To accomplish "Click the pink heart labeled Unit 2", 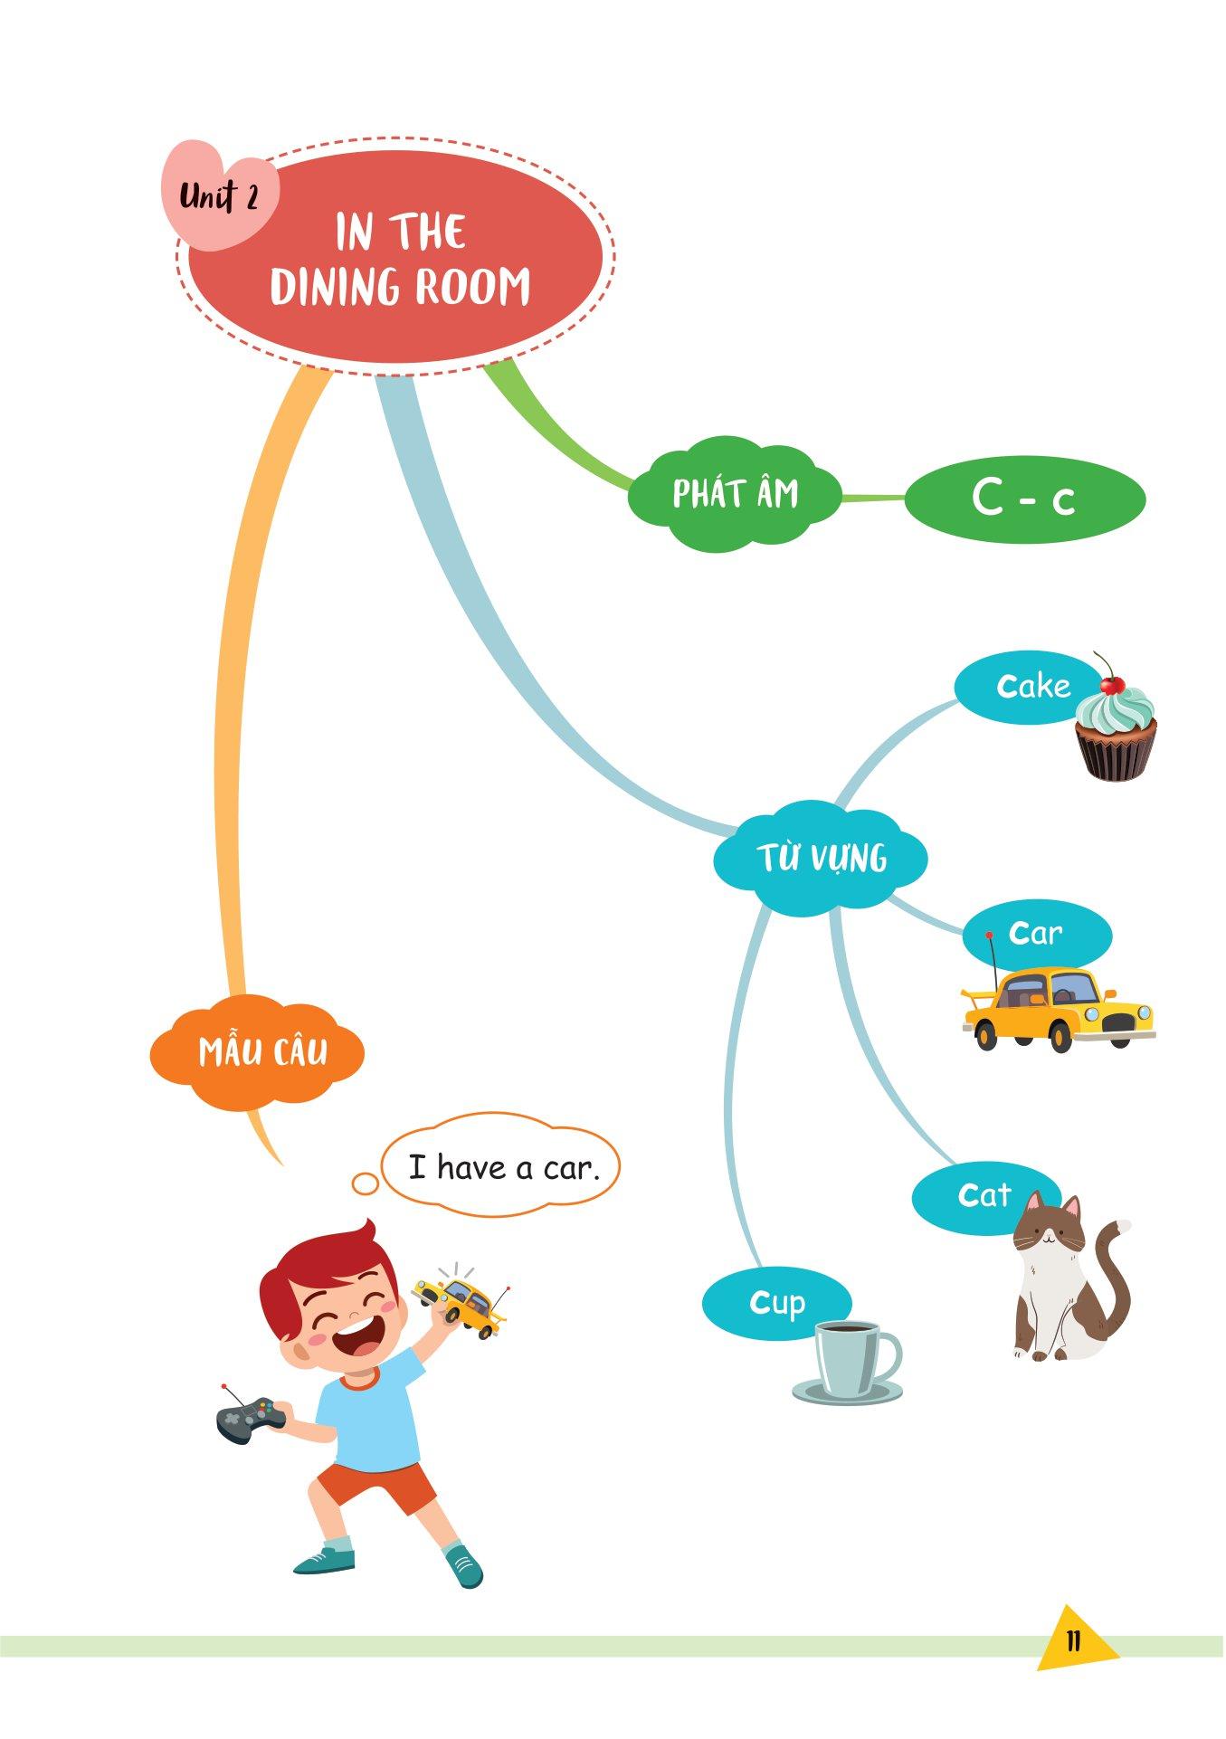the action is click(x=220, y=195).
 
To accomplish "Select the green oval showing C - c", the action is click(x=1025, y=499).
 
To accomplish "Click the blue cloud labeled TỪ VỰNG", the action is click(x=821, y=858).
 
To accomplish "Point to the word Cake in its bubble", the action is click(x=1033, y=687).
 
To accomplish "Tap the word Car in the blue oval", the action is click(x=1035, y=933).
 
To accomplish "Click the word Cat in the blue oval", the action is click(x=984, y=1195).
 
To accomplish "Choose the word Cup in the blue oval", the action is click(x=777, y=1304).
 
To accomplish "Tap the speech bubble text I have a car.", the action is click(x=504, y=1167).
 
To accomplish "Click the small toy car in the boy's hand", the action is click(x=461, y=1301).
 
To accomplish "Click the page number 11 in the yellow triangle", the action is click(x=1073, y=1640).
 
